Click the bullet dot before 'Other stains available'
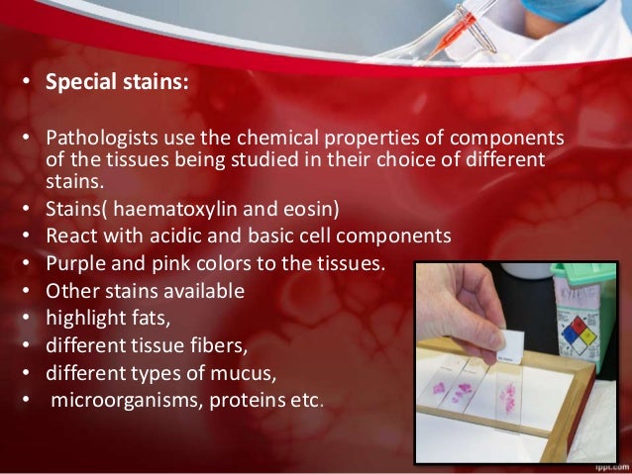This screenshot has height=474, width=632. (30, 293)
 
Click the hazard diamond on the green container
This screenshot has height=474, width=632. (578, 329)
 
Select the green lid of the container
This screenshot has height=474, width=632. (583, 273)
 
